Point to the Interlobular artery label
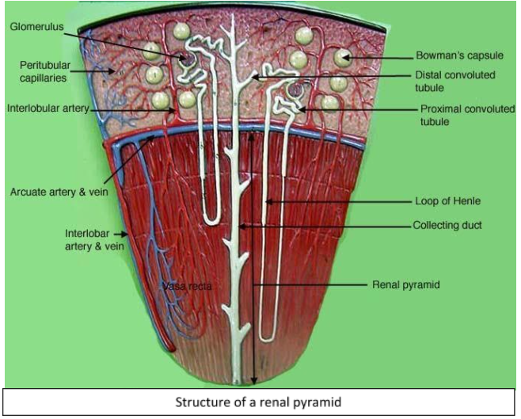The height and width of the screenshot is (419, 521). click(48, 107)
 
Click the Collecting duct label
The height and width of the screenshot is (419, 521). click(447, 225)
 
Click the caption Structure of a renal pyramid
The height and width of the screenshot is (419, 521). click(260, 402)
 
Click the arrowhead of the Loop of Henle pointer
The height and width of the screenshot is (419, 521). click(268, 201)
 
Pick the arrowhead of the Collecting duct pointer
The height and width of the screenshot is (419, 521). click(240, 226)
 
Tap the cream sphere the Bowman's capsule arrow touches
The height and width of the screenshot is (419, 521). click(342, 58)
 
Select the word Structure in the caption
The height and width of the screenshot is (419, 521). click(203, 402)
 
